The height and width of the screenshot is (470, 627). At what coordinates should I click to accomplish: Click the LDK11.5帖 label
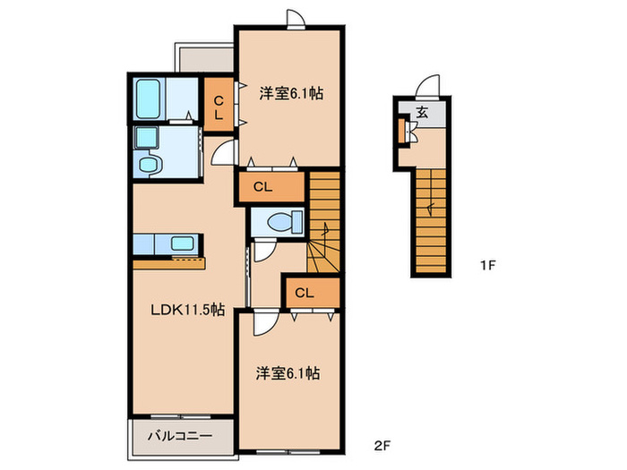pos(187,310)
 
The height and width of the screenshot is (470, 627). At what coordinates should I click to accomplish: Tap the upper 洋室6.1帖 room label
pos(291,93)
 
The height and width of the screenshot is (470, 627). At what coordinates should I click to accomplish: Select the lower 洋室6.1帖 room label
pos(288,373)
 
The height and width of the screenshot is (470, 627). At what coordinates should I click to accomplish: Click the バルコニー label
pos(180,435)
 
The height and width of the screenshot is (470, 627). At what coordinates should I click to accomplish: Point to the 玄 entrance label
pos(422,112)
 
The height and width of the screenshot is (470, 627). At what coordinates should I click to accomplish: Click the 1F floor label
pos(487,265)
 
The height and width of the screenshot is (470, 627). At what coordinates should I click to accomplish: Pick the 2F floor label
pos(382,445)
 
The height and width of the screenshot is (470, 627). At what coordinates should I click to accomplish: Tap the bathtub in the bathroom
pos(148,98)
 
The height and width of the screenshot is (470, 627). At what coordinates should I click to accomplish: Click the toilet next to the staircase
pos(285,222)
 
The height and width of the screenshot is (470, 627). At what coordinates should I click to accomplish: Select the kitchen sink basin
pos(183,244)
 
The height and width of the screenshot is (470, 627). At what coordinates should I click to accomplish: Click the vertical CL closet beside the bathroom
pos(219,104)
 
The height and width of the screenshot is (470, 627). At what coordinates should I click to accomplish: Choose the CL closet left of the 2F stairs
pos(271,186)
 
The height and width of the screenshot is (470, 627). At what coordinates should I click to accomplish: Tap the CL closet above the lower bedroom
pos(313,293)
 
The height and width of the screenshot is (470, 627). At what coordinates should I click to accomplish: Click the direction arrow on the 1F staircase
pos(430,209)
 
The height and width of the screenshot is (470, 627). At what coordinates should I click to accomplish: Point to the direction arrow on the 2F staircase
pos(325,231)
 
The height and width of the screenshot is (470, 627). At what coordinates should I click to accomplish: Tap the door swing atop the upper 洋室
pos(295,18)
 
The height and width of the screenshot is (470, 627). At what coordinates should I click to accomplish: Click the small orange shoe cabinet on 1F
pos(401,131)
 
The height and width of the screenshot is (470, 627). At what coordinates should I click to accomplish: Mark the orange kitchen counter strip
pos(169,264)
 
